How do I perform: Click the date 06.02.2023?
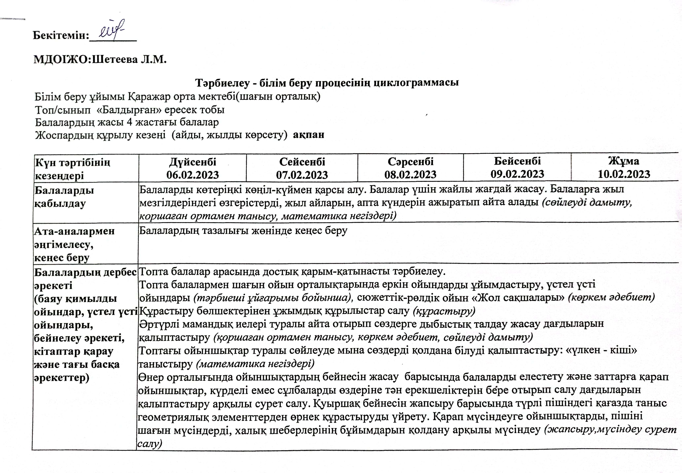tap(193, 175)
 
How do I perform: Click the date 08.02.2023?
tap(410, 175)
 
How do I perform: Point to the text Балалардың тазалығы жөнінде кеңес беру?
tap(243, 231)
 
